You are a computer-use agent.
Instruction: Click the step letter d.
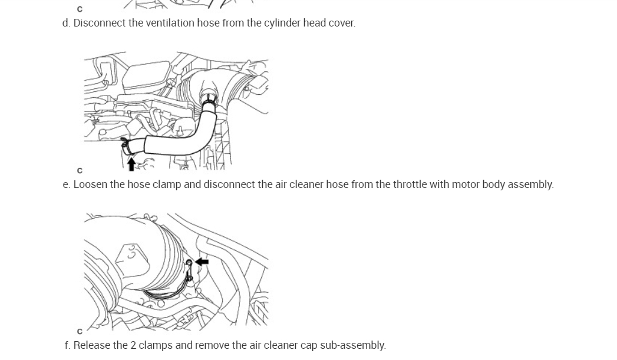65,23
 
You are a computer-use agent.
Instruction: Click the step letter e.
65,184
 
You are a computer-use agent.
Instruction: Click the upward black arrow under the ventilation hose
131,163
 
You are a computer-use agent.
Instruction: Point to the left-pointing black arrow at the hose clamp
202,261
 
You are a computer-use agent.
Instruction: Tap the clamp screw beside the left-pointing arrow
189,263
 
